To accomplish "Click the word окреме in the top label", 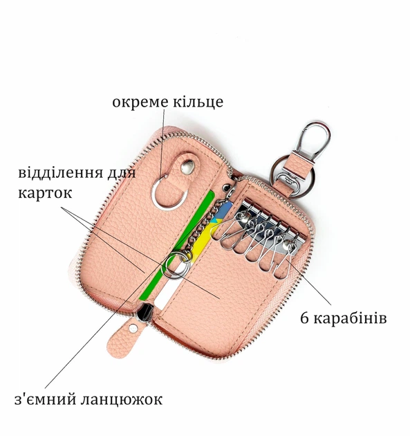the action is click(140, 102).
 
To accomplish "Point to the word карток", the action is click(45, 192).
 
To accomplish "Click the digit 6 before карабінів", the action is click(304, 318).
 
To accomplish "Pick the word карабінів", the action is click(350, 318).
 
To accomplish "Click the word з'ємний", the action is click(45, 399).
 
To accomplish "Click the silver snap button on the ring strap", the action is click(187, 167).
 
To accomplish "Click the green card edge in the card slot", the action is click(177, 246).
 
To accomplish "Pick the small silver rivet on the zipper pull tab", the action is click(133, 329).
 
